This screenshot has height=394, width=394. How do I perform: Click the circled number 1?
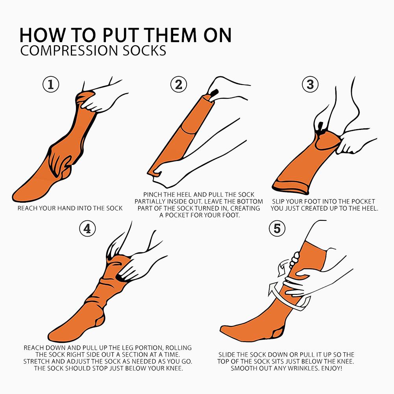click(x=51, y=84)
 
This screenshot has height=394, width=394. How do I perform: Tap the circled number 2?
click(x=179, y=84)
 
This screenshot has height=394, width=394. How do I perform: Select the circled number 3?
click(x=310, y=84)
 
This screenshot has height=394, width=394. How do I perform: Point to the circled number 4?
click(x=87, y=228)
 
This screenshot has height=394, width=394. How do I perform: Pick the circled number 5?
click(x=277, y=228)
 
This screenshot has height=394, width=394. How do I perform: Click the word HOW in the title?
click(x=41, y=35)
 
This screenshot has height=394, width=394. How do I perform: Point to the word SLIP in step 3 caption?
click(x=278, y=202)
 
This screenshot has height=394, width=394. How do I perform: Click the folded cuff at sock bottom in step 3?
click(x=290, y=187)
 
